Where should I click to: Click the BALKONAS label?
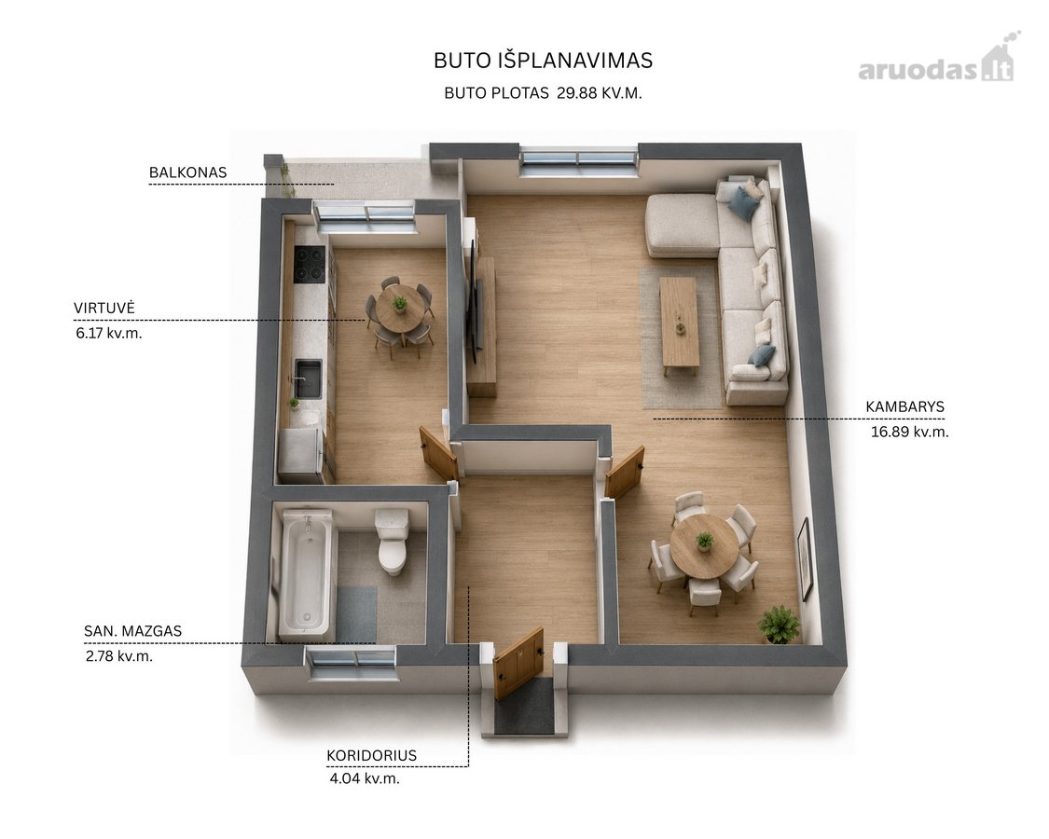(188, 172)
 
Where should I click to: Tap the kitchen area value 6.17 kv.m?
(109, 333)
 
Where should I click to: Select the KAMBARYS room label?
(904, 406)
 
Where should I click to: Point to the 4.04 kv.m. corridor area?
(365, 778)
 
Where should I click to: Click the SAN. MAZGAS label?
(132, 630)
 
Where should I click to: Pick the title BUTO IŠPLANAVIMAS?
(543, 61)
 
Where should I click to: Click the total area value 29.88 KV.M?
(600, 93)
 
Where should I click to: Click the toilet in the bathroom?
(392, 542)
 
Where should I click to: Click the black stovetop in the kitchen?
(311, 264)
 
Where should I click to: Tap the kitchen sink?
(309, 378)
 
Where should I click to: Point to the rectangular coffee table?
(679, 323)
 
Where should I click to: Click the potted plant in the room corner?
(780, 625)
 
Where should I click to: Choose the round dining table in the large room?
(703, 545)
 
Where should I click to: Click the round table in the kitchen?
(400, 307)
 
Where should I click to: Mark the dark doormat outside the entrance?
(524, 707)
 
